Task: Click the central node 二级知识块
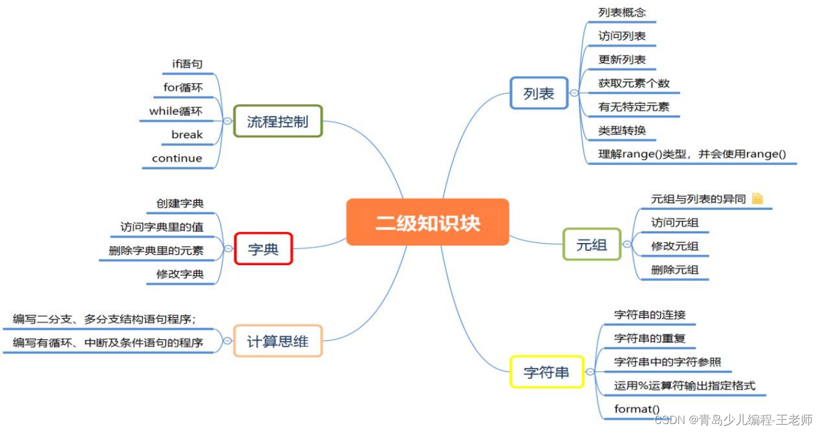coord(427,222)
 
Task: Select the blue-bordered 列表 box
coord(538,93)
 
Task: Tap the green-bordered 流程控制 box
coord(277,121)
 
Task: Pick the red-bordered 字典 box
coord(263,249)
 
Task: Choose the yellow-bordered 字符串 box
coord(546,372)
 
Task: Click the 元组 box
coord(591,244)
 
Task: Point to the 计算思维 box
coord(277,341)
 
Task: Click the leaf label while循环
coord(176,111)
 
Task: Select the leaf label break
coord(187,134)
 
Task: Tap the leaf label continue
coord(177,158)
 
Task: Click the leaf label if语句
coord(187,64)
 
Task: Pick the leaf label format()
coord(637,409)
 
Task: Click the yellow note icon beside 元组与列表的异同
coord(758,198)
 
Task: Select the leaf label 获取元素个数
coord(634,83)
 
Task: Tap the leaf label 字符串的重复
coord(649,338)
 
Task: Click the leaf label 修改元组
coord(675,246)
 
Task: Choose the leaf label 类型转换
coord(622,130)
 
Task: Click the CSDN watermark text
coord(733,420)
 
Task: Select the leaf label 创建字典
coord(180,203)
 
